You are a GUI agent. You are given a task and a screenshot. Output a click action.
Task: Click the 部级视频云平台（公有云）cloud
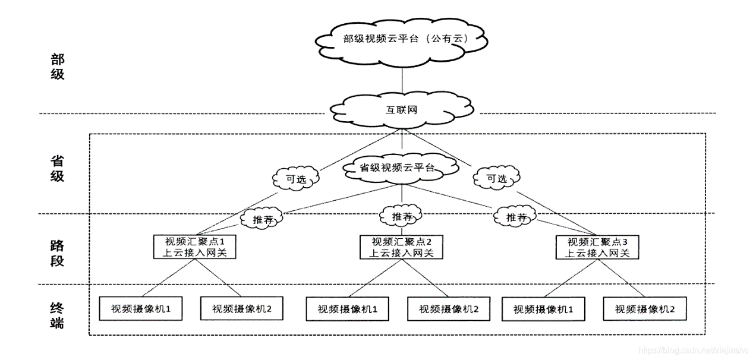click(402, 40)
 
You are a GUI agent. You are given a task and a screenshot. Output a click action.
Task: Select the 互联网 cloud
click(403, 109)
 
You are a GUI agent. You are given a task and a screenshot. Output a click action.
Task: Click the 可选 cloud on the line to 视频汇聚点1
click(295, 178)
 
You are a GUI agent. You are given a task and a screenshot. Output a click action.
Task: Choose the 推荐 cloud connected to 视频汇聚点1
click(261, 219)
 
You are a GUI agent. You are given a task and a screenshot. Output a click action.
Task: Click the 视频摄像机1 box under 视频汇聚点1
click(140, 309)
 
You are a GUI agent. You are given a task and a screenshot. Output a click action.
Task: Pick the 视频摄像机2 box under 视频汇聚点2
click(449, 309)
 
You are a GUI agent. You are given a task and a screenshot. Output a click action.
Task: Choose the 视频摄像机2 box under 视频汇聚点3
click(645, 309)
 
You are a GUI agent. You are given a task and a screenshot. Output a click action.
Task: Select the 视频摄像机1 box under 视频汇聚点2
click(348, 309)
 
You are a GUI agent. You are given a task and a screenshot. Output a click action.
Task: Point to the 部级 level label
click(57, 67)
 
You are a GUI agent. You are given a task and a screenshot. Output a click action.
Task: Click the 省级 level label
click(57, 169)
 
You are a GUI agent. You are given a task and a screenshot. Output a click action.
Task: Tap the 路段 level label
click(57, 253)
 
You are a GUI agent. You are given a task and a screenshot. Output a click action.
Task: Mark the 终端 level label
click(57, 315)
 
